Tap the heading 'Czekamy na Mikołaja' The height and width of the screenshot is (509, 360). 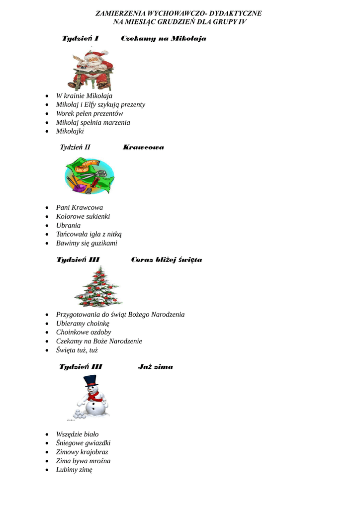tap(164, 38)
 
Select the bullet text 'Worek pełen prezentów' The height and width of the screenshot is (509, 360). tap(90, 113)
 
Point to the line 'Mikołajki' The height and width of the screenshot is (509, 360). tap(70, 131)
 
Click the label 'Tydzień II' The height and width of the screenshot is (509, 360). tap(75, 147)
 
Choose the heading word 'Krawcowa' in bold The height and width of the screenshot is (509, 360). tap(143, 147)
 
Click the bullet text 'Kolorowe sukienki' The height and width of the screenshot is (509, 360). tap(83, 216)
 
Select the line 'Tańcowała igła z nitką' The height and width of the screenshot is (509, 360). tap(89, 234)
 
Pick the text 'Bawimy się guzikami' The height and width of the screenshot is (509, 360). tap(87, 243)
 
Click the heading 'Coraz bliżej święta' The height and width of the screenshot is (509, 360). tap(167, 259)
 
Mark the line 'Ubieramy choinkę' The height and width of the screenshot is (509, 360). tap(83, 323)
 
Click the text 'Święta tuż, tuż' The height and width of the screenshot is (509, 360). tap(77, 350)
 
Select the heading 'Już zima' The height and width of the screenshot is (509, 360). tap(156, 367)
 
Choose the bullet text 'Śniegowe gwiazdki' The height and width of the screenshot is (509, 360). tap(83, 443)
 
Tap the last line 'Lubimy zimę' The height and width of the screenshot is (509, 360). tap(74, 470)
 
